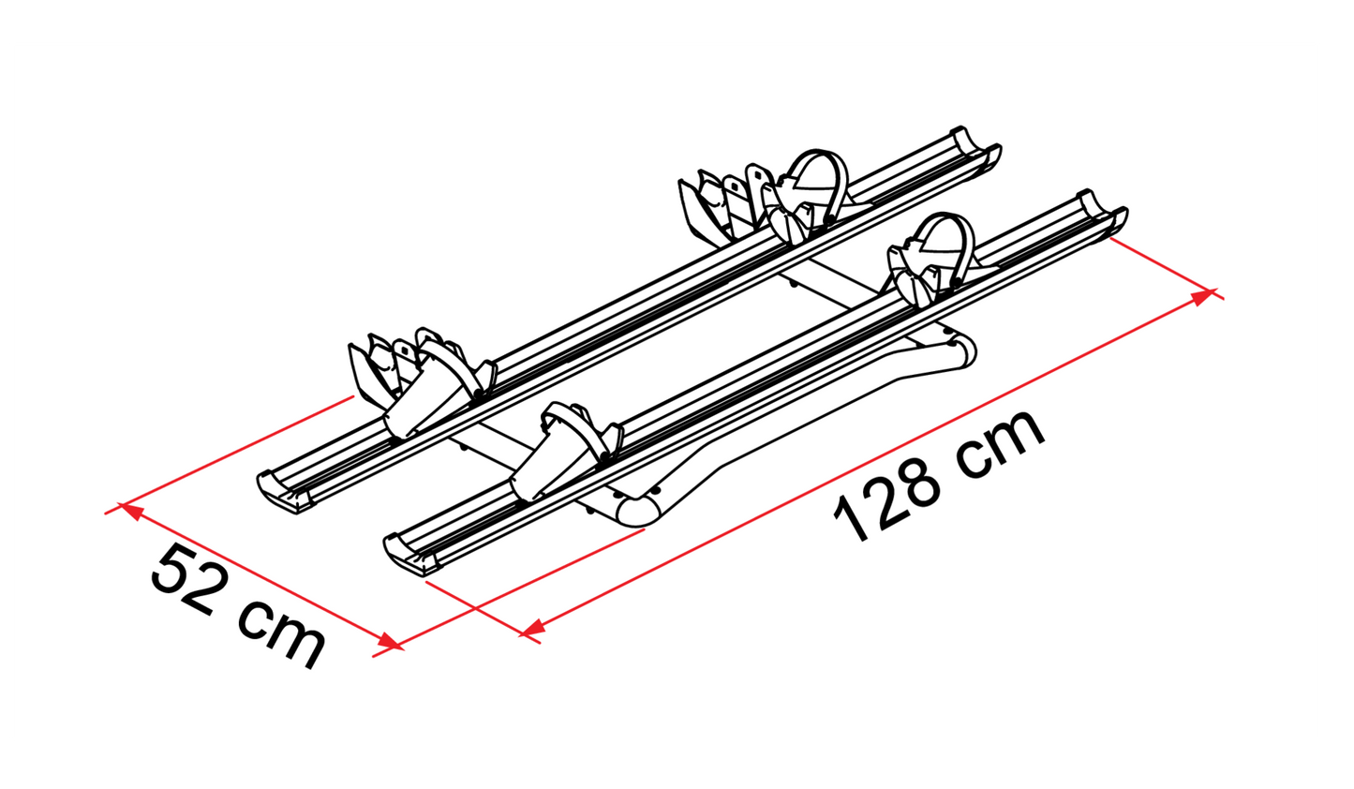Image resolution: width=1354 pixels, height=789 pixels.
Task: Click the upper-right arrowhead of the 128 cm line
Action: [x=1203, y=296]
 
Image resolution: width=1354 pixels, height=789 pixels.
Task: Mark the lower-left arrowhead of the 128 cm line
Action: [x=532, y=630]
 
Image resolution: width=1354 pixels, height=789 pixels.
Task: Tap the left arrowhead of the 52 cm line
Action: [x=132, y=512]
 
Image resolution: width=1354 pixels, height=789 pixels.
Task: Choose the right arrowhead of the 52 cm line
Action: [x=389, y=641]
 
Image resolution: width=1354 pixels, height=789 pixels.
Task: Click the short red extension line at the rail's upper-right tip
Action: [x=1167, y=269]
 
